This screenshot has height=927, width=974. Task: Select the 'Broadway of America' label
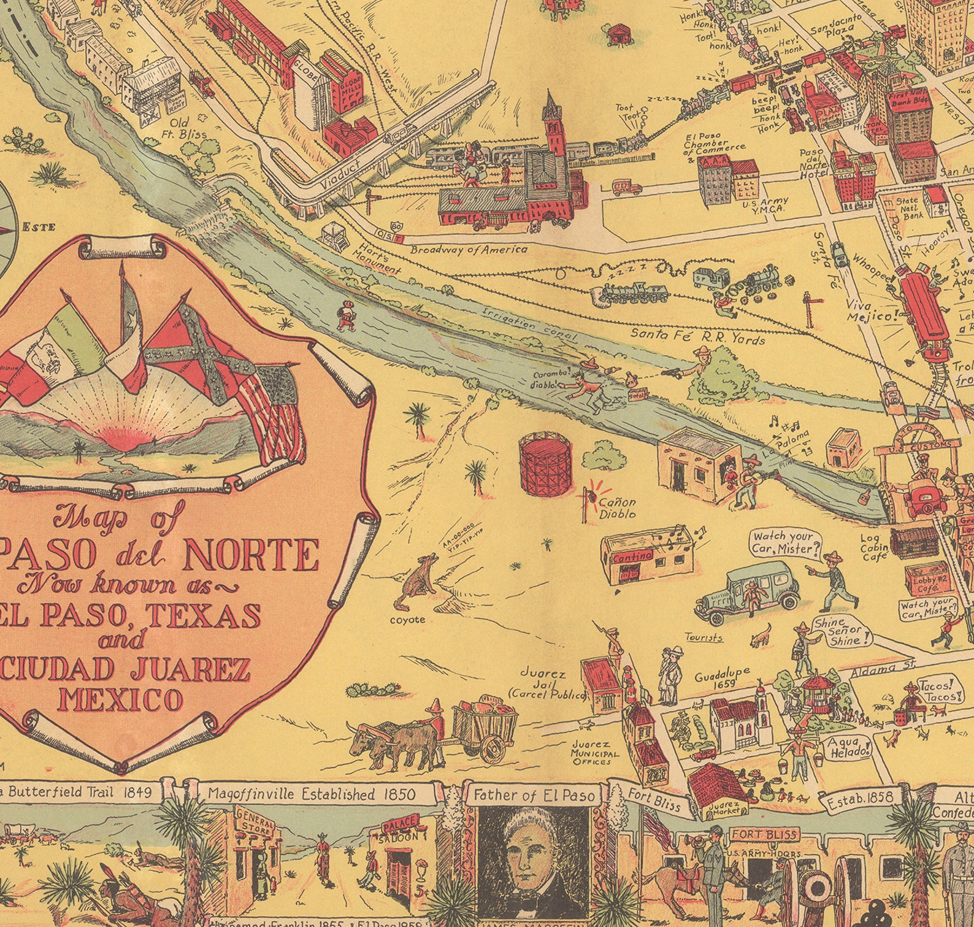469,250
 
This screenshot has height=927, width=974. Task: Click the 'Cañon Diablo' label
617,508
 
